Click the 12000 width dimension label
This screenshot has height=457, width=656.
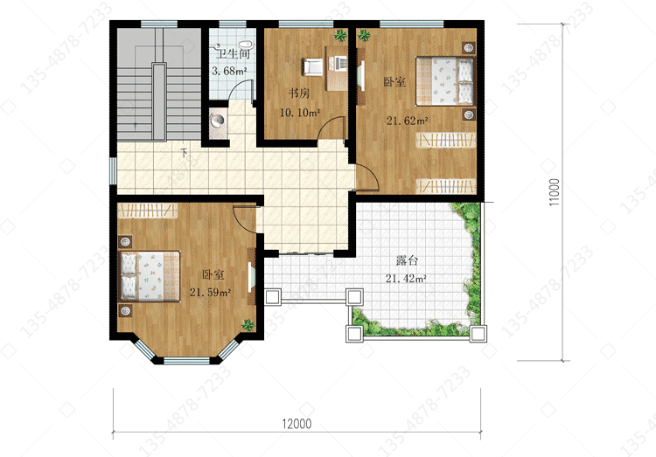tap(297, 424)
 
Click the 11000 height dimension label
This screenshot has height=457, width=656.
tap(554, 192)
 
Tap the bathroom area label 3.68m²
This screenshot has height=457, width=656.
tap(229, 71)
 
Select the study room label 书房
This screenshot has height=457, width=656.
tap(299, 93)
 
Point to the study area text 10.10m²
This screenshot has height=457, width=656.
tap(299, 113)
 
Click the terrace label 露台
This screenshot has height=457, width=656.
tap(407, 260)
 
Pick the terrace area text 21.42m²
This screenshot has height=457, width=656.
tap(406, 279)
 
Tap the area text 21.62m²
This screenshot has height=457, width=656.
tap(407, 121)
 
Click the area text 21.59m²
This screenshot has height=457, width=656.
tap(211, 292)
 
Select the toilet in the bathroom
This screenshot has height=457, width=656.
tap(245, 45)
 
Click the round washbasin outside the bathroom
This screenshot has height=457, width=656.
tap(217, 121)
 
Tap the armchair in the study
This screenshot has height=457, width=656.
tap(312, 67)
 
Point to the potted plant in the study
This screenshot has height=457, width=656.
tap(340, 35)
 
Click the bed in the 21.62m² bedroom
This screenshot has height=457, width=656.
tap(445, 81)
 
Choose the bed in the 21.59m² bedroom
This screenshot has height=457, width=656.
tap(150, 276)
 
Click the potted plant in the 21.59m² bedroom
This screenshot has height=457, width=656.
tap(248, 325)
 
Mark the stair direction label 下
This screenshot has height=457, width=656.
tap(184, 152)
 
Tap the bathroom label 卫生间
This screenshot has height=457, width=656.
tap(233, 53)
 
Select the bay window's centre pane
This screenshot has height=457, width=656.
tap(186, 360)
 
